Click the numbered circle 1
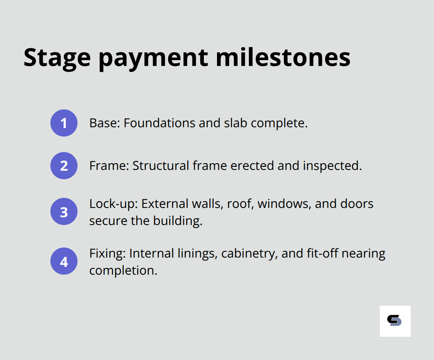tap(64, 123)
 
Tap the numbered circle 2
tap(64, 166)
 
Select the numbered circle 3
tap(64, 212)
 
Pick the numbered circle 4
tap(64, 261)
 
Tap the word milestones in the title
tap(283, 57)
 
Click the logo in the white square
tap(394, 320)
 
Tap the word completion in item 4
tap(123, 270)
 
